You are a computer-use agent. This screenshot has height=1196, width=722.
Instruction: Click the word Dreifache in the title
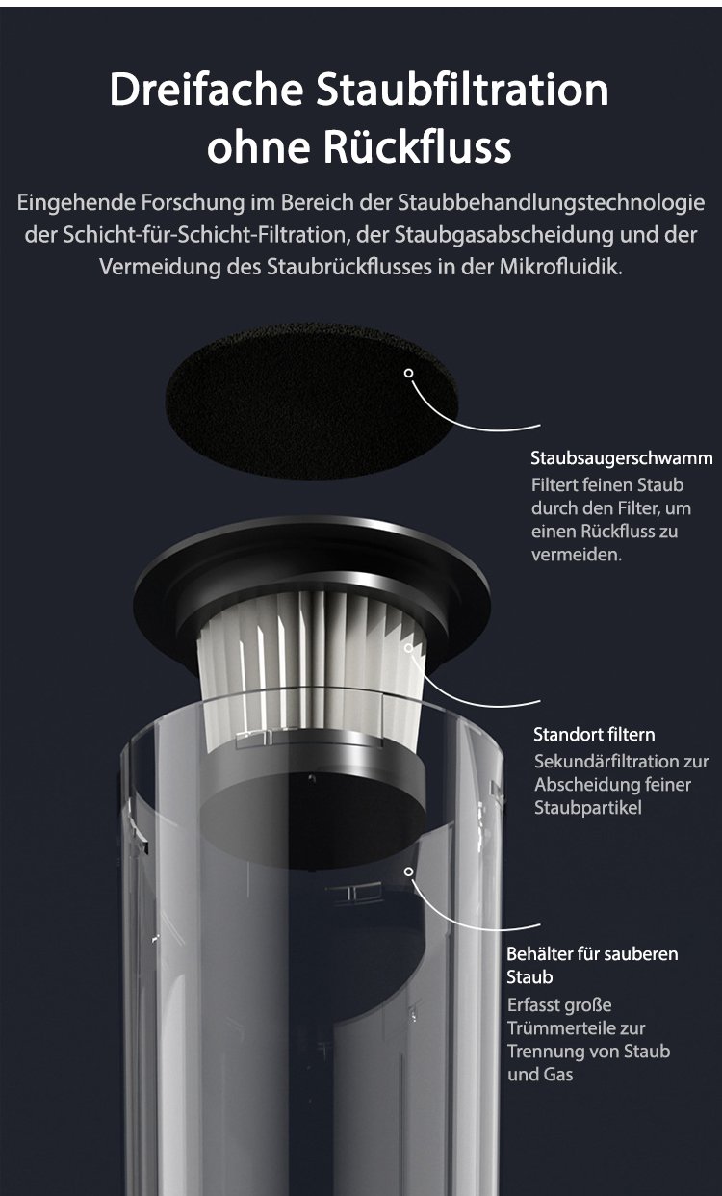(206, 90)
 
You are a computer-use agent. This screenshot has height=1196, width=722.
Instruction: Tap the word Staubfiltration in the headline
(462, 90)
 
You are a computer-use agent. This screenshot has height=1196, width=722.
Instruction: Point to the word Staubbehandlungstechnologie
(552, 203)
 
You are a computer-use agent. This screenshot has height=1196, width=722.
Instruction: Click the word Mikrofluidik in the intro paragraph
(561, 267)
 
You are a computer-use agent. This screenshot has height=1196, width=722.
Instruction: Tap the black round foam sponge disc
(312, 400)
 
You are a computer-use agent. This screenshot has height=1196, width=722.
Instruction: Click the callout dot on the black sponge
(409, 373)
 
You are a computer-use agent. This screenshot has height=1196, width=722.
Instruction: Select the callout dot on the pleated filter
(409, 648)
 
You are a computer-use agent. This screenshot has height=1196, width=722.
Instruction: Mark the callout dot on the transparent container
(409, 871)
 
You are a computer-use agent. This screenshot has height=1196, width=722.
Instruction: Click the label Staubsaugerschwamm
(622, 458)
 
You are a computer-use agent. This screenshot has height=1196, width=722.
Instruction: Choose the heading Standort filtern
(594, 734)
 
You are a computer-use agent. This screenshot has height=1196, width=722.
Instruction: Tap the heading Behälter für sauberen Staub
(592, 965)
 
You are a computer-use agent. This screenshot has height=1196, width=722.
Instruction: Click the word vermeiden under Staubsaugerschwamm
(577, 555)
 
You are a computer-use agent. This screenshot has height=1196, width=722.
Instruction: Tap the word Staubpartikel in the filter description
(588, 808)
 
